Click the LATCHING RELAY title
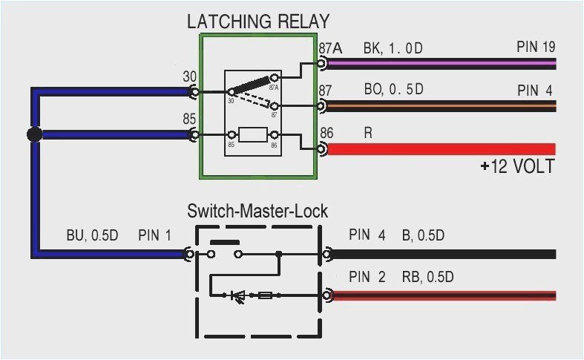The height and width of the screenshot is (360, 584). [x=257, y=21]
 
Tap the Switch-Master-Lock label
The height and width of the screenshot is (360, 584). [x=257, y=212]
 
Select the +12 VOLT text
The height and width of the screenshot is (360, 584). [x=517, y=166]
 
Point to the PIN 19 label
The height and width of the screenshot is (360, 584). [x=536, y=48]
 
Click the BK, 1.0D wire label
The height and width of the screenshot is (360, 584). [x=393, y=48]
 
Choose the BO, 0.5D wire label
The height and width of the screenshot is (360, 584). [x=393, y=90]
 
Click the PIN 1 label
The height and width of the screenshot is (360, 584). [x=154, y=236]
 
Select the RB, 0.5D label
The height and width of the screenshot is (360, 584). [x=428, y=278]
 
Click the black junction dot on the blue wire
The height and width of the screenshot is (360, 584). [x=33, y=134]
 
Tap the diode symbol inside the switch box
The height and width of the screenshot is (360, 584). [x=238, y=295]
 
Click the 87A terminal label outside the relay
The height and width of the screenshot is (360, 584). [x=330, y=48]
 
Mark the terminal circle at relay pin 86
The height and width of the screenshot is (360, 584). [x=321, y=149]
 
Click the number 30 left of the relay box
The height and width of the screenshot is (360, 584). [x=189, y=76]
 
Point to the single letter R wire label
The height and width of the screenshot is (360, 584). [x=368, y=133]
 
